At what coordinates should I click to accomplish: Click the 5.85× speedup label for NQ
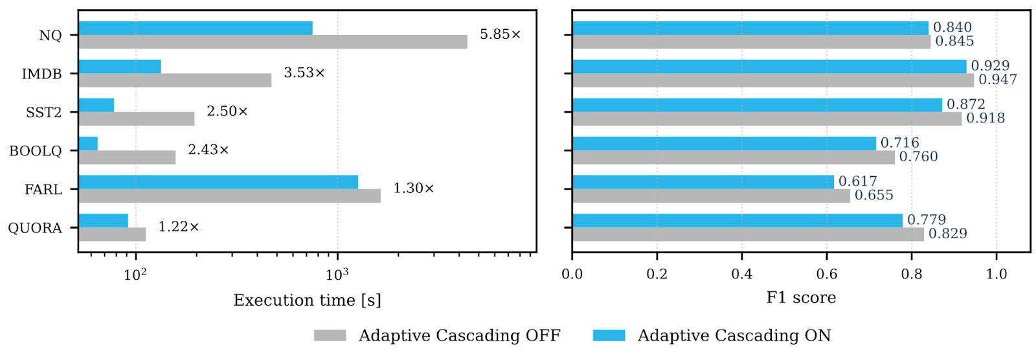tap(500, 34)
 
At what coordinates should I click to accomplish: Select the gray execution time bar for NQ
tap(273, 42)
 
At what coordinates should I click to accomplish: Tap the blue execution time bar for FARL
tap(218, 182)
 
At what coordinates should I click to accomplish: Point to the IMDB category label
tap(42, 74)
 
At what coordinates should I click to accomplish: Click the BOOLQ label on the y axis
tap(36, 151)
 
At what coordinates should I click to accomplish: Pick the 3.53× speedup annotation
tap(304, 73)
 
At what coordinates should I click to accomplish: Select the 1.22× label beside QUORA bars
tap(179, 227)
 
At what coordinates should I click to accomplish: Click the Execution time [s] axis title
tap(307, 300)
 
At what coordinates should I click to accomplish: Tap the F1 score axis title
tap(801, 298)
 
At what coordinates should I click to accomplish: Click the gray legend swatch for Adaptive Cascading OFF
tap(330, 335)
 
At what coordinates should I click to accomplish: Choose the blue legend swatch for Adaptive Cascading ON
tap(609, 335)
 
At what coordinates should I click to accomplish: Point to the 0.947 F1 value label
tap(998, 80)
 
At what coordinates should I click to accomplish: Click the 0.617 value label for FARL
tap(858, 181)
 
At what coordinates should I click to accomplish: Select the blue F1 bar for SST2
tap(757, 105)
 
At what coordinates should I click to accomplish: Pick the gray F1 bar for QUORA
tap(748, 234)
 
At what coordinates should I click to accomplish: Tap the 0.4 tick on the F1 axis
tap(741, 274)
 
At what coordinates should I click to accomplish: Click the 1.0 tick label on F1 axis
tap(997, 274)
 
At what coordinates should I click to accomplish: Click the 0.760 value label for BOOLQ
tap(918, 157)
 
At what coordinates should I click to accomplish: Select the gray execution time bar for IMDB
tap(175, 80)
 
